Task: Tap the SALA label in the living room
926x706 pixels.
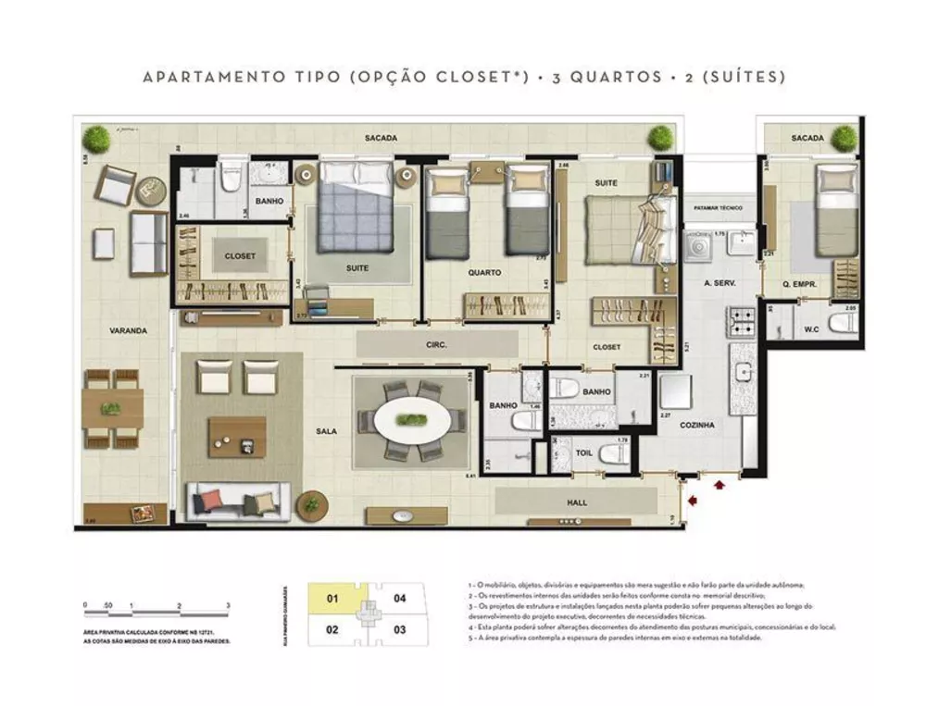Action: pyautogui.click(x=325, y=430)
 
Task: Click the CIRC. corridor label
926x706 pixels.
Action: pyautogui.click(x=437, y=345)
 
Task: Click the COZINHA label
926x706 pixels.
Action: pyautogui.click(x=695, y=426)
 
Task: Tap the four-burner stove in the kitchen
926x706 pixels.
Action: pyautogui.click(x=743, y=322)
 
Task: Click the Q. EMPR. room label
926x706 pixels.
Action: pyautogui.click(x=798, y=286)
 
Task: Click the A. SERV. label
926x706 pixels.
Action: pyautogui.click(x=719, y=283)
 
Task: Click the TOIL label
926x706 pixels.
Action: pyautogui.click(x=583, y=453)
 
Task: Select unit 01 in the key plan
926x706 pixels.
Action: pyautogui.click(x=332, y=599)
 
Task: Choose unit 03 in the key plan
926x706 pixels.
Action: pyautogui.click(x=400, y=629)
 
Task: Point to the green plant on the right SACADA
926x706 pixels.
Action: pyautogui.click(x=844, y=138)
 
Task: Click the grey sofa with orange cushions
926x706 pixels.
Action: pyautogui.click(x=235, y=502)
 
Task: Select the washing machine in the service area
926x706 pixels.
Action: pyautogui.click(x=694, y=246)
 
